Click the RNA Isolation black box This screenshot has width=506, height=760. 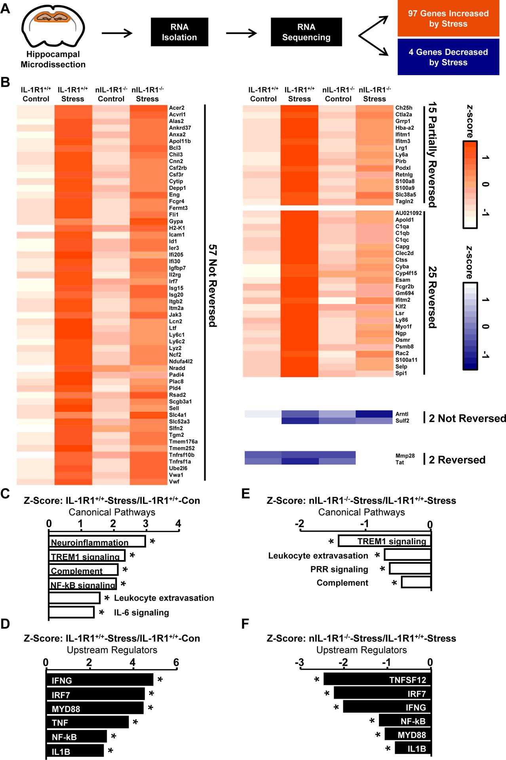pyautogui.click(x=179, y=32)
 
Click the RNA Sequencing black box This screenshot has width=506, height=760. pyautogui.click(x=306, y=32)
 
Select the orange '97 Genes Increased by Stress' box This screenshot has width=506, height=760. pyautogui.click(x=448, y=19)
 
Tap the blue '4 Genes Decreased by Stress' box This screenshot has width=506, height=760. pyautogui.click(x=448, y=57)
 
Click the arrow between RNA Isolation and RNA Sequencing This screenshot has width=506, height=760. pyautogui.click(x=242, y=33)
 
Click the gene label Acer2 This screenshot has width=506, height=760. pyautogui.click(x=177, y=108)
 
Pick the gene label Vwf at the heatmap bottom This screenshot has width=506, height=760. pyautogui.click(x=174, y=481)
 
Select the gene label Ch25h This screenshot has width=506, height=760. pyautogui.click(x=403, y=108)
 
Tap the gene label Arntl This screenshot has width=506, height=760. pyautogui.click(x=402, y=414)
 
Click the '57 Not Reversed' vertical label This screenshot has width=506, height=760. pyautogui.click(x=213, y=285)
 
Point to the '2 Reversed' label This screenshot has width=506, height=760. pyautogui.click(x=457, y=460)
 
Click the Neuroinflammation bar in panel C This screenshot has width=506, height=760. pyautogui.click(x=97, y=541)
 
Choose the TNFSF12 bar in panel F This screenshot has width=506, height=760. pyautogui.click(x=377, y=680)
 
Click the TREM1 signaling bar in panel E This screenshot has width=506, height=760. pyautogui.click(x=384, y=541)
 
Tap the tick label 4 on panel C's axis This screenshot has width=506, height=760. pyautogui.click(x=178, y=524)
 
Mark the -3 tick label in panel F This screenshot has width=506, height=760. pyautogui.click(x=300, y=662)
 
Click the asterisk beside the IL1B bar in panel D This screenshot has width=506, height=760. pyautogui.click(x=110, y=750)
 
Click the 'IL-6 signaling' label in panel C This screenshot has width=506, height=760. pyautogui.click(x=141, y=612)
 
